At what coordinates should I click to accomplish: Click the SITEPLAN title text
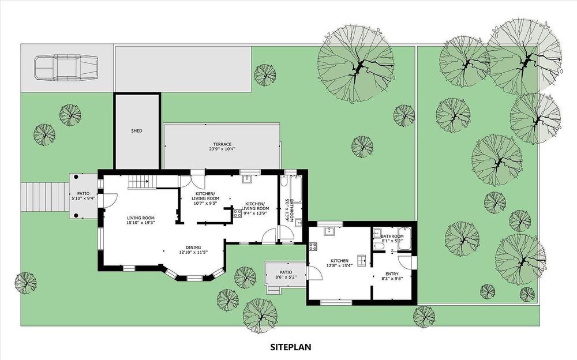point(291,347)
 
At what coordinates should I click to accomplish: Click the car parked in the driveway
point(66,67)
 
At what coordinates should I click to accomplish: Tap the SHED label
point(137,131)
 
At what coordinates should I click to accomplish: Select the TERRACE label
point(222,144)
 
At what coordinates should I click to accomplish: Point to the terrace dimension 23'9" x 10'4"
point(222,149)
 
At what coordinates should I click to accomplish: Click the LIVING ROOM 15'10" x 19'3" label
point(141,220)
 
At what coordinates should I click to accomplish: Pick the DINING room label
point(193,247)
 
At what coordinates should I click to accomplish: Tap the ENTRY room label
point(392,274)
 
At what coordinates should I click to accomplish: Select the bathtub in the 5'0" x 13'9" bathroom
point(296,189)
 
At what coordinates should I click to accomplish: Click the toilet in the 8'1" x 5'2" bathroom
point(378,246)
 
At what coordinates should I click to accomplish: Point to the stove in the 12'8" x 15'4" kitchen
point(313,246)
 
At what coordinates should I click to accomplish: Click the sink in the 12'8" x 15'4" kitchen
point(329,231)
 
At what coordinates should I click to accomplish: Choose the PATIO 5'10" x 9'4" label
point(83,196)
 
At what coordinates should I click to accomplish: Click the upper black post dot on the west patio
point(76,177)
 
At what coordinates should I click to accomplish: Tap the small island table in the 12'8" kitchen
point(361,259)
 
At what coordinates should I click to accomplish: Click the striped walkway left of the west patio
point(45,197)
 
